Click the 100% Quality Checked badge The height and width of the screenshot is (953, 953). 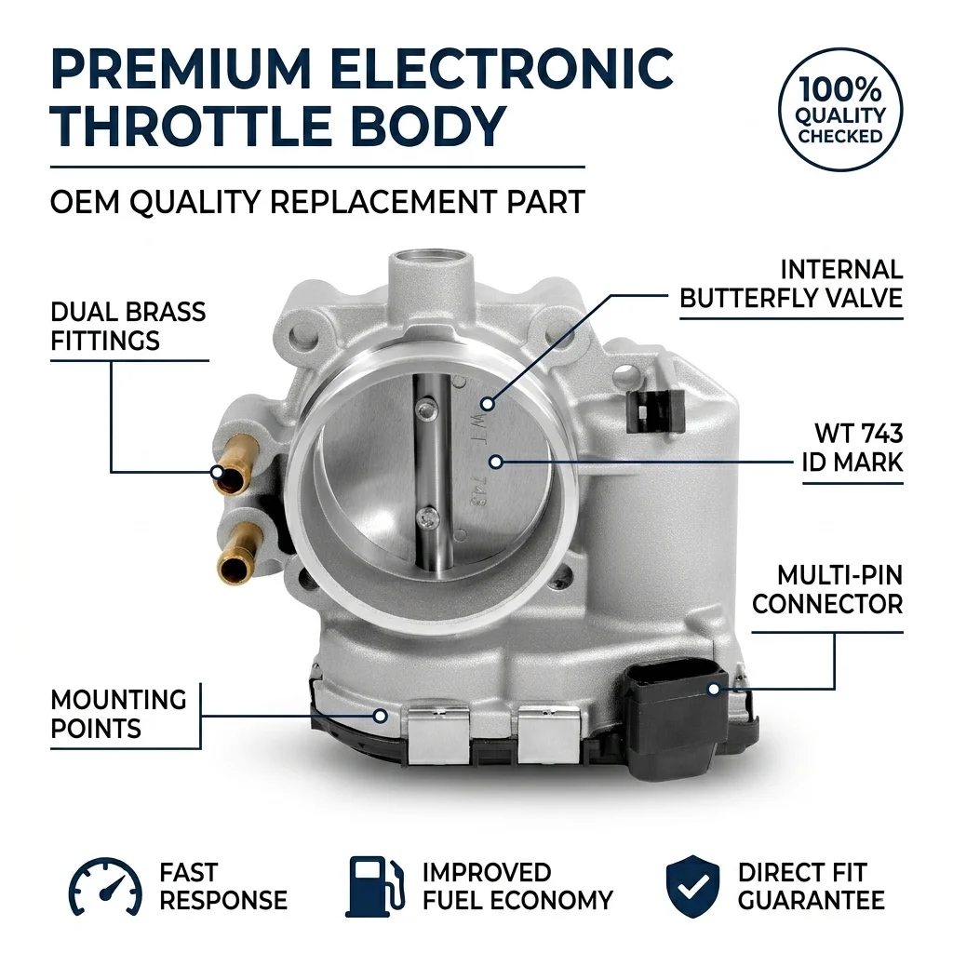tap(840, 110)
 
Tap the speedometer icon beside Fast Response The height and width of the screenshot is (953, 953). tap(105, 887)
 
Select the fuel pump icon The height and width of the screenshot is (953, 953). tap(374, 887)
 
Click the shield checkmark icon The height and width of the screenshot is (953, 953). tap(692, 887)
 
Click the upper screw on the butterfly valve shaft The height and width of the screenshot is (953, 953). tap(427, 410)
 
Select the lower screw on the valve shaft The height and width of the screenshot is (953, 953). tap(427, 518)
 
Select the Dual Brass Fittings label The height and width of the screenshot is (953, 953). tap(128, 327)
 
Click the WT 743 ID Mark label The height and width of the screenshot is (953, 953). tap(852, 448)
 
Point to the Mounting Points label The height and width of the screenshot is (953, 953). tap(118, 714)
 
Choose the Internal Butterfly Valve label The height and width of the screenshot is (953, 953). tap(791, 284)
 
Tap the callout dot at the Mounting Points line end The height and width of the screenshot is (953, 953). tap(381, 716)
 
